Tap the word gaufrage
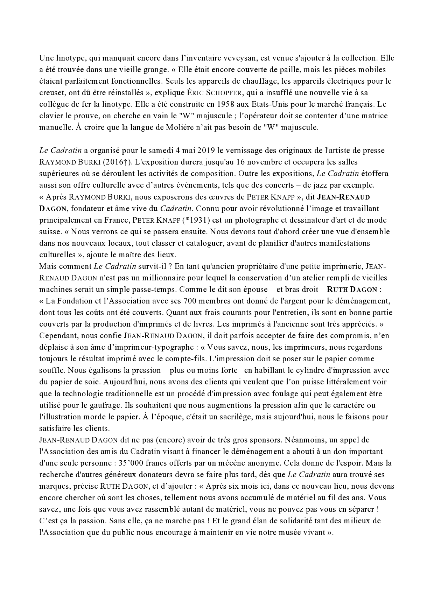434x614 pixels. [87, 405]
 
